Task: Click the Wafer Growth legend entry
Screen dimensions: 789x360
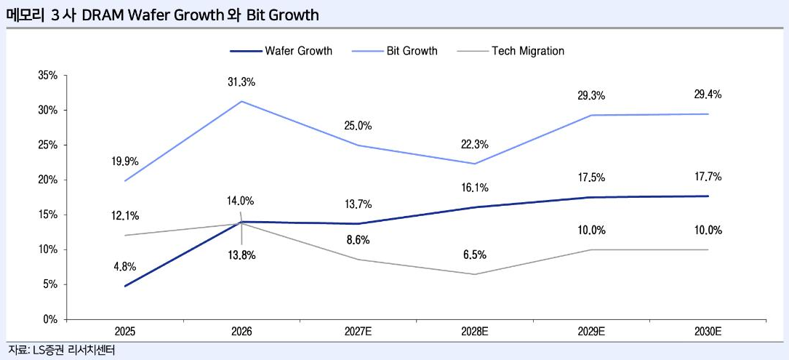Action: point(281,51)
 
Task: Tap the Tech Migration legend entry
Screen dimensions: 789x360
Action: point(510,51)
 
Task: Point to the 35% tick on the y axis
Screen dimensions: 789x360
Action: point(48,76)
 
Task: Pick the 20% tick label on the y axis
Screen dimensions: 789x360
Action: point(48,180)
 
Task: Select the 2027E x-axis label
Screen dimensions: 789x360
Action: point(358,332)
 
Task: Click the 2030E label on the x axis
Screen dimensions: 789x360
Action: point(708,332)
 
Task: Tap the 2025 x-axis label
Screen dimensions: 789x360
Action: point(125,332)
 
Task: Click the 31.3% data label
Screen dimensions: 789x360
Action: point(241,82)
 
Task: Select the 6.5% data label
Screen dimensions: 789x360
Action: point(475,255)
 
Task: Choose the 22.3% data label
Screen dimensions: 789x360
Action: point(475,145)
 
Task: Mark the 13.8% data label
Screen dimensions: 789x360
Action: point(241,255)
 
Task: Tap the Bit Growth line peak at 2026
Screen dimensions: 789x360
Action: point(241,101)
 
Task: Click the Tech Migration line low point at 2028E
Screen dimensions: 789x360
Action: point(475,274)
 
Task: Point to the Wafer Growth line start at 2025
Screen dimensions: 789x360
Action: point(125,286)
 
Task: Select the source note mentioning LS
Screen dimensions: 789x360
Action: point(61,350)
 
